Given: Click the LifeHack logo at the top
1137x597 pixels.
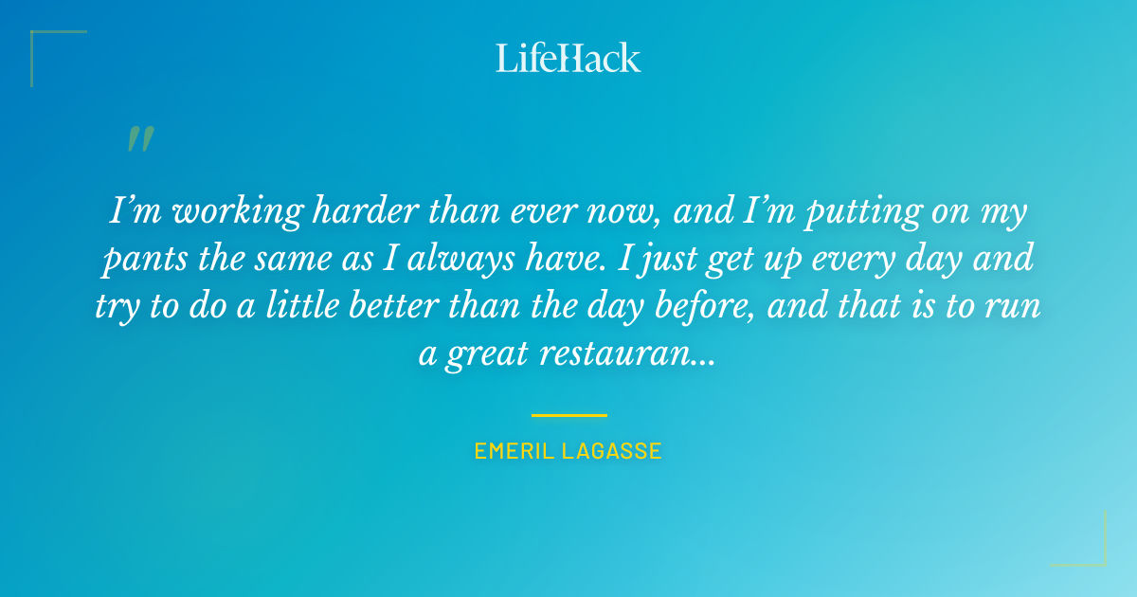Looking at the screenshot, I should click(x=568, y=58).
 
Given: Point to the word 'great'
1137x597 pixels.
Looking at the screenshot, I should click(x=484, y=353).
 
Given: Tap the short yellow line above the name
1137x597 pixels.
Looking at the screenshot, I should click(x=568, y=415).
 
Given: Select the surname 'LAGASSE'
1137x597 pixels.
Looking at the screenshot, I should click(x=617, y=451).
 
